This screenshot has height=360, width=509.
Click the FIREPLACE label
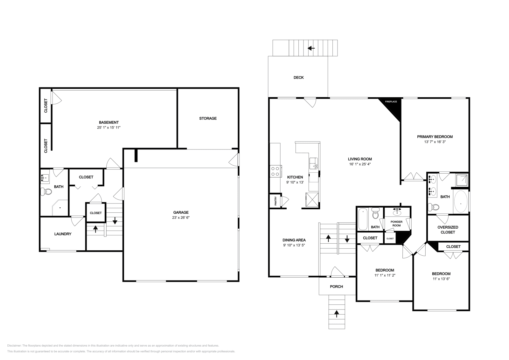click(x=391, y=102)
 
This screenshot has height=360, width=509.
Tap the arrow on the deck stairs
click(x=311, y=48)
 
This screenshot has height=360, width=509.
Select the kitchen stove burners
click(x=275, y=171)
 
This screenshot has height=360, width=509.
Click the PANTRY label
click(x=276, y=201)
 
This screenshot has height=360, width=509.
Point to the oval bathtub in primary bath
click(x=461, y=202)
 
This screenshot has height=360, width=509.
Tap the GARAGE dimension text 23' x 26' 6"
click(x=181, y=218)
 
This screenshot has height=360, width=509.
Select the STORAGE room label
click(x=208, y=118)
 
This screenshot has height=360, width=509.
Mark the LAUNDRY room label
click(x=63, y=234)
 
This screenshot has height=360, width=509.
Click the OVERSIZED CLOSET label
click(x=448, y=230)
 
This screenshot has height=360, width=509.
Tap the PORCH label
click(x=336, y=287)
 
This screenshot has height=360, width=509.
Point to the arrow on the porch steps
click(x=337, y=314)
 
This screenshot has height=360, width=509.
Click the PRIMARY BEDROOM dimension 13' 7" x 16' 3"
click(x=435, y=142)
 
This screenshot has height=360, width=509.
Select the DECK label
click(x=298, y=78)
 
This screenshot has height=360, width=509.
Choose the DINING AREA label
click(x=294, y=240)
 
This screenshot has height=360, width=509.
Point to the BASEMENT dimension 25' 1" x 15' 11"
click(x=109, y=128)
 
